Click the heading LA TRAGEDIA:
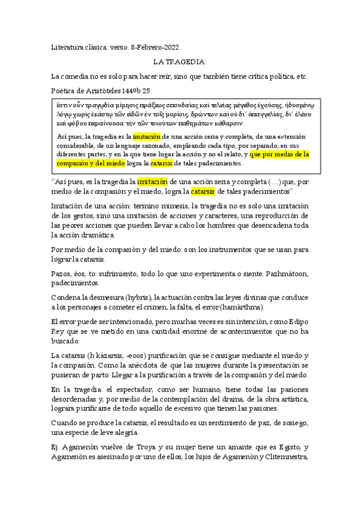(180, 61)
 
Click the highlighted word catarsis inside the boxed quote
(161, 163)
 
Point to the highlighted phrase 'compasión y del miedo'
(91, 163)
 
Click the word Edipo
(296, 322)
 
